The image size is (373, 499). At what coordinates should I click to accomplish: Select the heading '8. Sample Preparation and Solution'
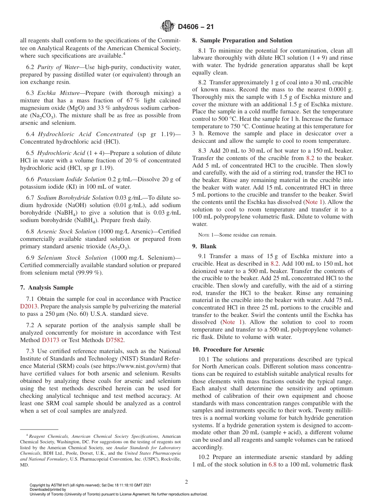point(242,40)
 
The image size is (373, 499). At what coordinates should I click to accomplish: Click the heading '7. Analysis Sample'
point(47,288)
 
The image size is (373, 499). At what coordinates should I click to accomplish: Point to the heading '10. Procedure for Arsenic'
point(228,350)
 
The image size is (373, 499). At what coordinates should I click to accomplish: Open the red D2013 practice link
point(30,306)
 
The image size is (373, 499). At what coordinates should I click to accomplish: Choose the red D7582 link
point(115,340)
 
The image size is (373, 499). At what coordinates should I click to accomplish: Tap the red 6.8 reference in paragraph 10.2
point(272,464)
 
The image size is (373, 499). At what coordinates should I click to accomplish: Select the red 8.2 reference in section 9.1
point(275,264)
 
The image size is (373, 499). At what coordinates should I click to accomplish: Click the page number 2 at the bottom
point(186,482)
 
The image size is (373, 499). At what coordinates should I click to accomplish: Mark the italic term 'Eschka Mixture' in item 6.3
point(55,93)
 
